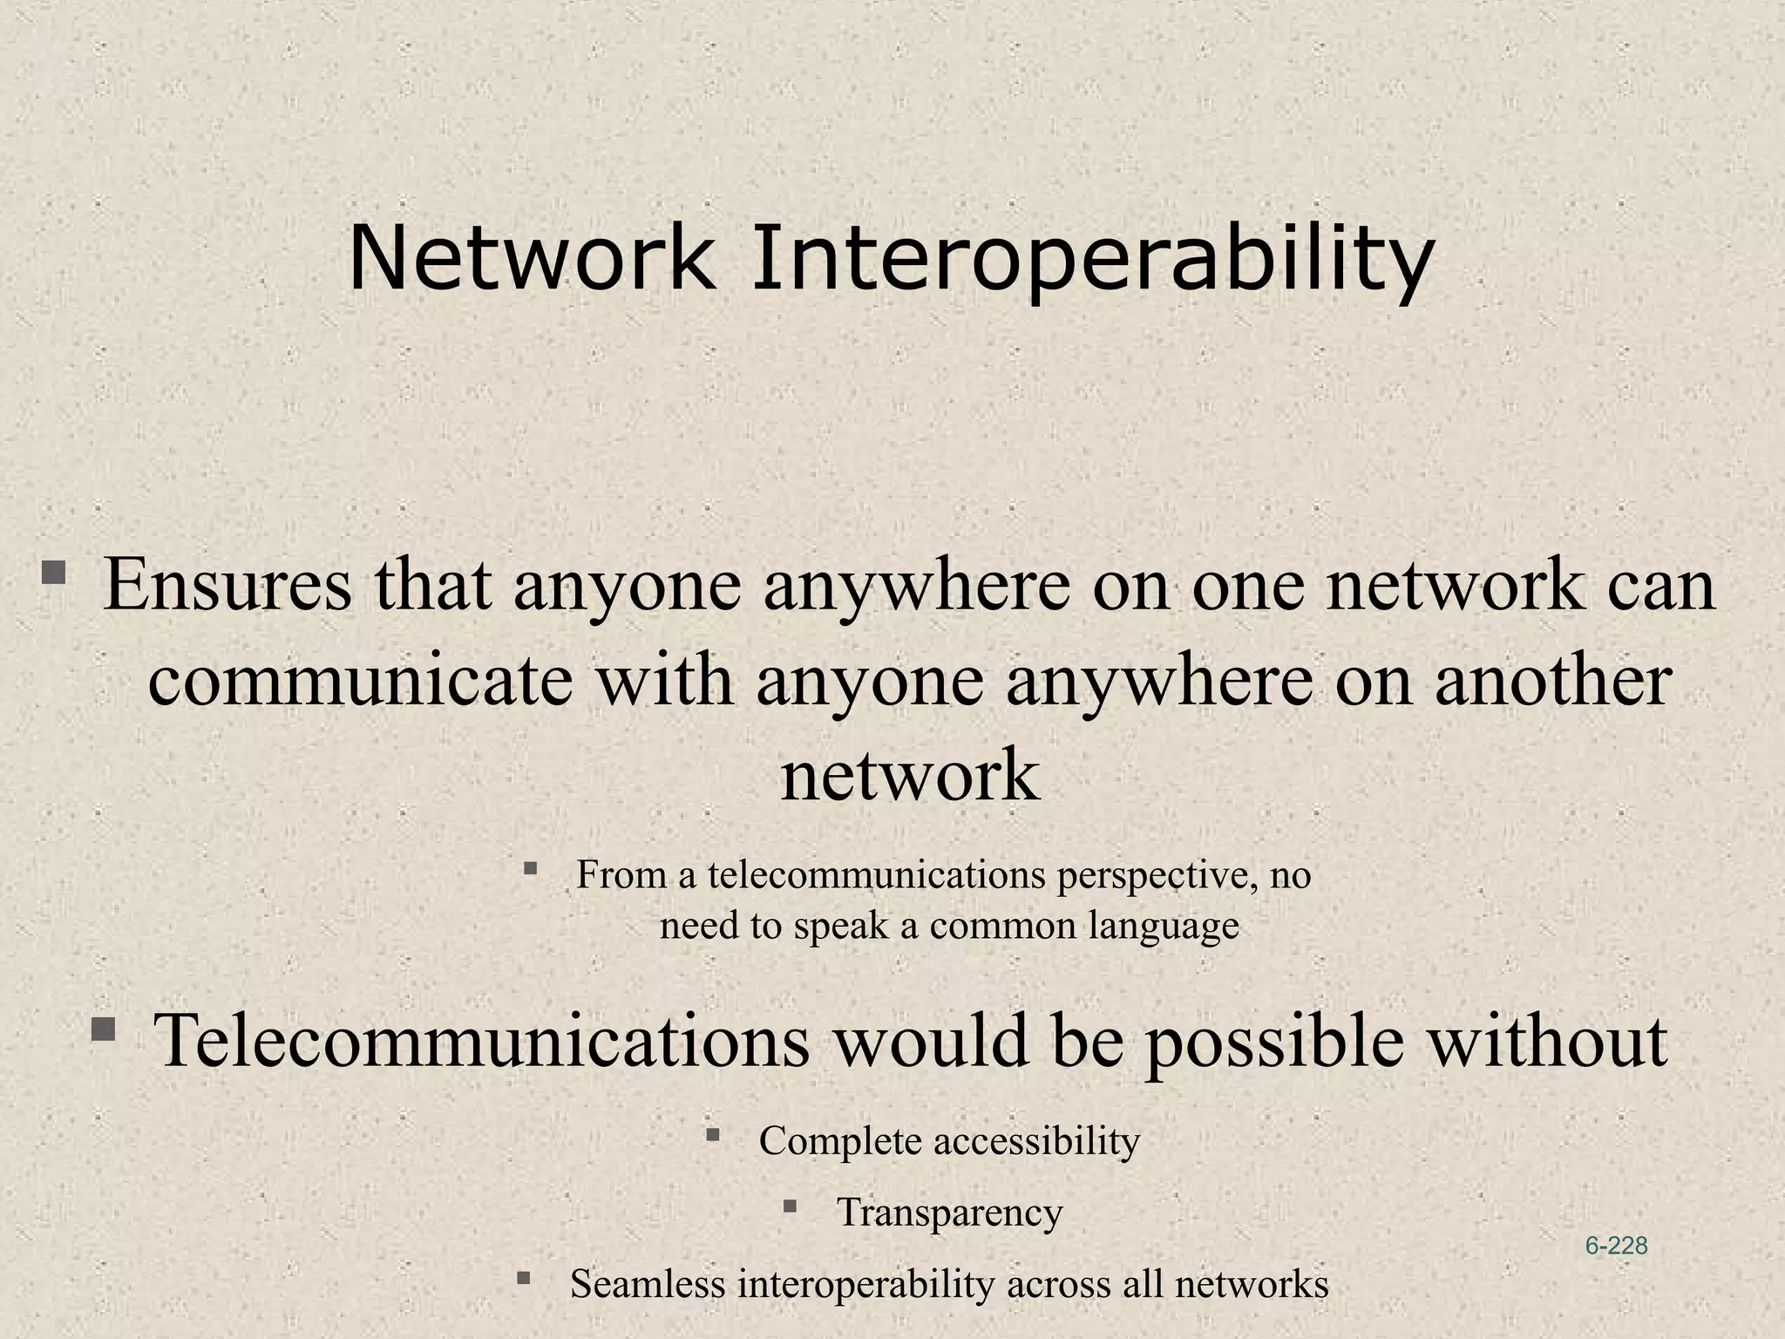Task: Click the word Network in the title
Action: [532, 259]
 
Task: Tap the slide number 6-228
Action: [1616, 1246]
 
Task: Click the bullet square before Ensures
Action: [54, 573]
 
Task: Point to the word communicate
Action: [360, 682]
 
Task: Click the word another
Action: [1552, 682]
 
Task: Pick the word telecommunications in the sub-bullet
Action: [876, 874]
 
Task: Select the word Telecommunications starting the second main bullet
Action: [481, 1041]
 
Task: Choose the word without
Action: [1546, 1041]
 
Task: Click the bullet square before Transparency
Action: [790, 1206]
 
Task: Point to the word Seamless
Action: [648, 1284]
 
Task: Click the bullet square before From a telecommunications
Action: [530, 867]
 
